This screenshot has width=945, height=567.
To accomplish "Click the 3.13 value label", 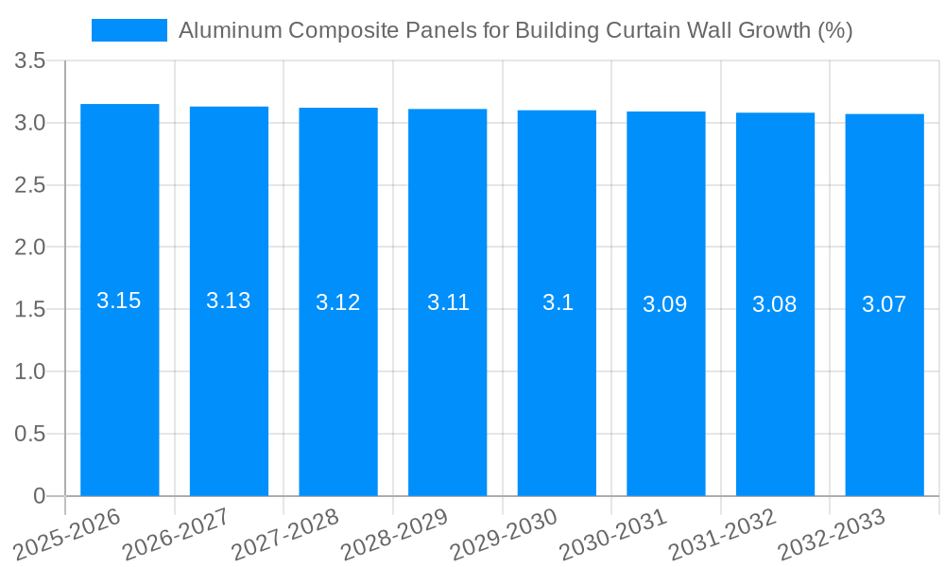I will click(x=229, y=301).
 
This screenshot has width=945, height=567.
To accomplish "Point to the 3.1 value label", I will click(x=558, y=302).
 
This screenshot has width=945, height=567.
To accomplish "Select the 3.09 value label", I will click(x=665, y=304).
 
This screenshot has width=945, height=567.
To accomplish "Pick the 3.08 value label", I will click(x=775, y=304).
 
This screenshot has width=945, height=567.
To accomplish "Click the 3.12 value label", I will click(x=338, y=302).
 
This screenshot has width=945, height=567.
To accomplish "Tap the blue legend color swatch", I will click(x=129, y=30).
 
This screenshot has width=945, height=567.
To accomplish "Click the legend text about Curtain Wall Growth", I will click(x=515, y=30).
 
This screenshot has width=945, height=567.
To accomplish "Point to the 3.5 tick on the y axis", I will click(x=30, y=61).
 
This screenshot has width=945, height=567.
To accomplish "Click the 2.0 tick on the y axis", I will click(x=30, y=248).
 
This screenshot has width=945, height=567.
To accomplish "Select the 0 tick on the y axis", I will click(x=39, y=496).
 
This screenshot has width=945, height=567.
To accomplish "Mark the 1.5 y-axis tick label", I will click(x=30, y=310).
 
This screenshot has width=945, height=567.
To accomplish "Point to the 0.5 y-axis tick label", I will click(x=30, y=434).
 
